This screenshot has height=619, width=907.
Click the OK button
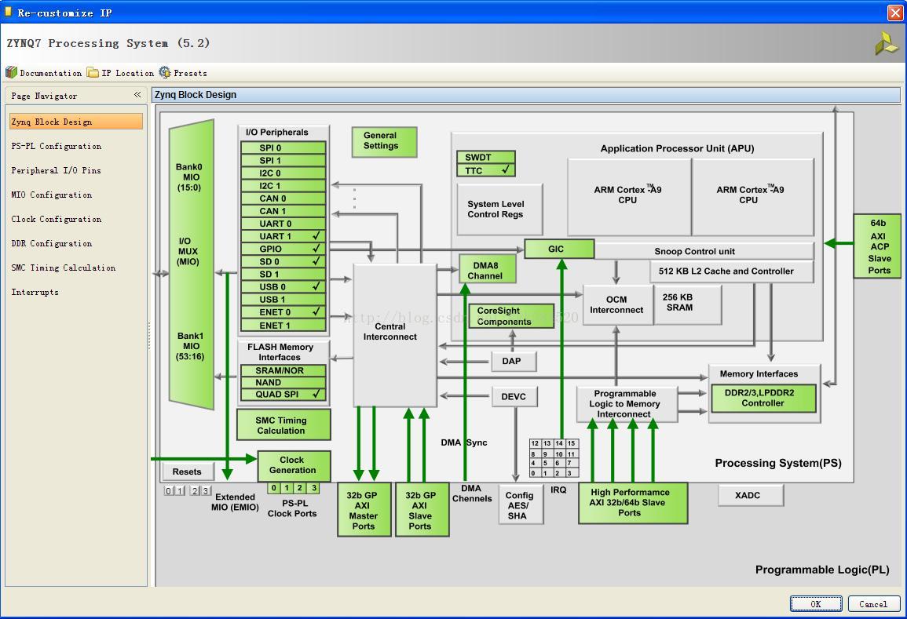point(816,603)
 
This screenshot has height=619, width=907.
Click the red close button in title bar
point(895,13)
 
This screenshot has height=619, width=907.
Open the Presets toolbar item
point(183,73)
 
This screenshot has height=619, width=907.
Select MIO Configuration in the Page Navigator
point(52,195)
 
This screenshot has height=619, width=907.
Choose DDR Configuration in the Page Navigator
point(52,243)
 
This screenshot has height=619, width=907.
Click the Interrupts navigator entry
point(35,292)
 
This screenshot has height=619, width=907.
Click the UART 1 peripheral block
point(283,236)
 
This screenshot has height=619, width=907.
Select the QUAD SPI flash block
point(283,394)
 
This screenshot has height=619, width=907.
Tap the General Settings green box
point(384,141)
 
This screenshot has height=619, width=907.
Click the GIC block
point(559,249)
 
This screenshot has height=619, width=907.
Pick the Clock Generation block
point(294,466)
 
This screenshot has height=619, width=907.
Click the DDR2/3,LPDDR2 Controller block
point(763,399)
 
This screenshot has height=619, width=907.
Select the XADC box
point(750,495)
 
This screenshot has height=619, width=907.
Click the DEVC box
point(514,396)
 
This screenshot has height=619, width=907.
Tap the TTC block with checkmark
point(486,170)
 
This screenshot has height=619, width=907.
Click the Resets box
point(188,472)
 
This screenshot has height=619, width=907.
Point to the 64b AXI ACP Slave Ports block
point(879,246)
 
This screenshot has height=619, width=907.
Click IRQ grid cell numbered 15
point(571,443)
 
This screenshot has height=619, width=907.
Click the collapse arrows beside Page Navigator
point(137,95)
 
